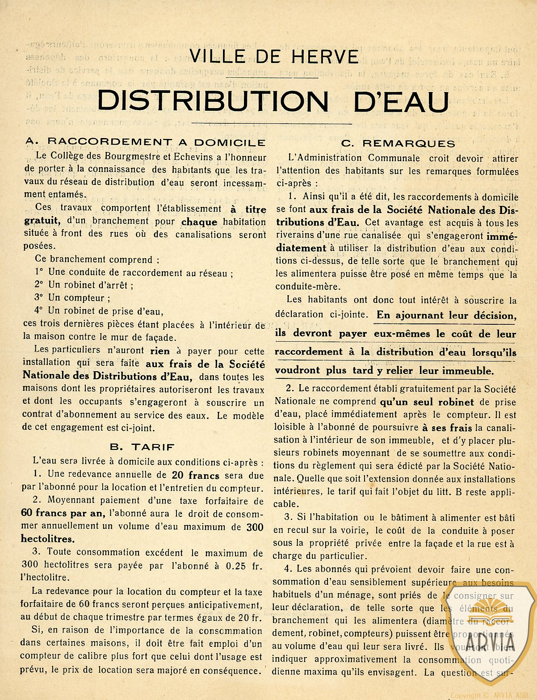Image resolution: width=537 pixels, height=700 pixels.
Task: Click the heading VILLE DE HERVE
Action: (x=274, y=57)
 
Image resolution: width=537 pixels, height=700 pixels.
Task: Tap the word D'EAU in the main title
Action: (x=401, y=102)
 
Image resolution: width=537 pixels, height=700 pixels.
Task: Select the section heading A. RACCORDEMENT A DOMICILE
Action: (x=146, y=142)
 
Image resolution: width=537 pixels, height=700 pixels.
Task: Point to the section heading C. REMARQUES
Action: (x=398, y=143)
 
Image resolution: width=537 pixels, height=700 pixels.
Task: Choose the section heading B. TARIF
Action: (x=143, y=447)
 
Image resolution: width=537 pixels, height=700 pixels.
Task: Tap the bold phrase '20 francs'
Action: (x=195, y=475)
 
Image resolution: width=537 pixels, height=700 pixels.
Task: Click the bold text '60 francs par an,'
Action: (x=63, y=513)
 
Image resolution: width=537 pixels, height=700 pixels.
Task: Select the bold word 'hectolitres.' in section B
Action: (x=48, y=539)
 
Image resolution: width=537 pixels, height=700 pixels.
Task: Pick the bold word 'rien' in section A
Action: (x=160, y=351)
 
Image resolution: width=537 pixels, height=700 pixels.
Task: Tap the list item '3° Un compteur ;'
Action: (x=72, y=298)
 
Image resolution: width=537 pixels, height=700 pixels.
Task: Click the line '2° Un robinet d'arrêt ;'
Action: (x=84, y=285)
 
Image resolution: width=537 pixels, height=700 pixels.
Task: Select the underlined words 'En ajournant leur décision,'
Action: (x=446, y=315)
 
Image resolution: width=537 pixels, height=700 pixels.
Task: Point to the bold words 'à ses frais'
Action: (x=448, y=428)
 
